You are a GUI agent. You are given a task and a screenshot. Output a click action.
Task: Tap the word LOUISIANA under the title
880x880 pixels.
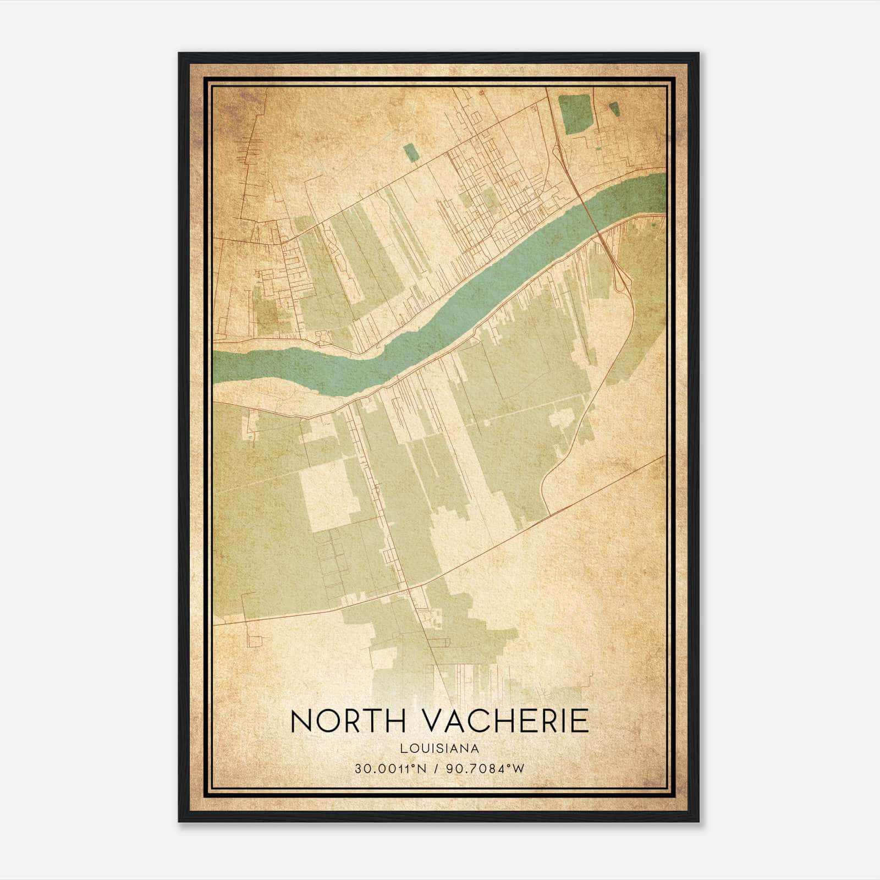439,749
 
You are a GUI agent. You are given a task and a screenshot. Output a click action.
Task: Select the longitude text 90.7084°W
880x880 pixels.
487,769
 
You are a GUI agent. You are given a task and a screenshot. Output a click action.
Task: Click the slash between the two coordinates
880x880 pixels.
437,769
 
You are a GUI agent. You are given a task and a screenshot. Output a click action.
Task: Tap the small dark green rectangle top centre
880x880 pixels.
410,153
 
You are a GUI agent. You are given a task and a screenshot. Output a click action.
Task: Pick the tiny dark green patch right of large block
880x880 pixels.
614,109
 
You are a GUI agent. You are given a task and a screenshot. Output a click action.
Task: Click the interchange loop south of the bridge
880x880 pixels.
623,275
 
